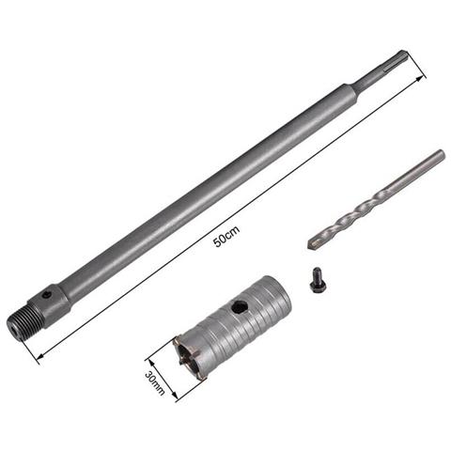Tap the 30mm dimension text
pyautogui.click(x=156, y=380)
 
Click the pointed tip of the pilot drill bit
pyautogui.click(x=311, y=246)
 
